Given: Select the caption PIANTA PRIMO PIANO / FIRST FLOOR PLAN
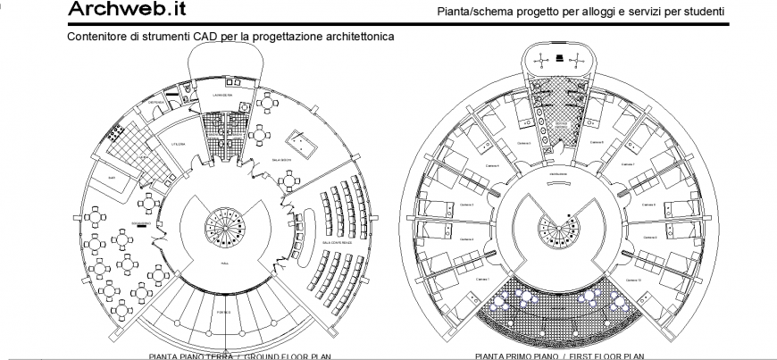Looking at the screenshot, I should [x=560, y=356].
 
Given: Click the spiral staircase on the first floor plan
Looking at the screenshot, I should [x=558, y=230].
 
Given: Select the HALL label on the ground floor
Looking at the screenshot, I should [x=224, y=265].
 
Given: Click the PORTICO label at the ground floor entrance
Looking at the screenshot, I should [x=225, y=312].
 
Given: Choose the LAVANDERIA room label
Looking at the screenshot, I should [x=221, y=94].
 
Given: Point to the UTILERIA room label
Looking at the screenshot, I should [x=177, y=145].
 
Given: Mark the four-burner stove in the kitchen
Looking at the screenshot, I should [x=115, y=134].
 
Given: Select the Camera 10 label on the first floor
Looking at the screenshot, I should [x=634, y=281].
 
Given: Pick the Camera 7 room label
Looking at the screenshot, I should [x=627, y=164].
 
